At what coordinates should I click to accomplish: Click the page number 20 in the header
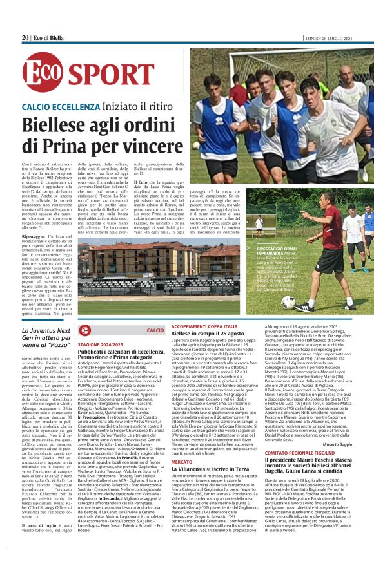(25, 38)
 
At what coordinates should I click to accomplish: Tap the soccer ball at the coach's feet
(288, 301)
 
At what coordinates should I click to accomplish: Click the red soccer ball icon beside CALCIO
(84, 330)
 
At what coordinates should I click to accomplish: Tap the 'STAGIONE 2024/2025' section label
(99, 346)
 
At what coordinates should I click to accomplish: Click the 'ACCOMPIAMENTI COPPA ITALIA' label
(205, 327)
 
